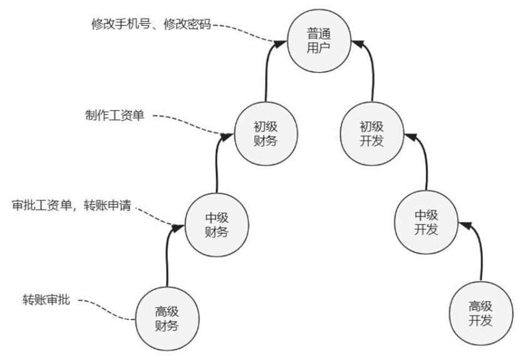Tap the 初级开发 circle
373,133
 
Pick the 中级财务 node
217,224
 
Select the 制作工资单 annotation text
115,115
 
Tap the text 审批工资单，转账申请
71,206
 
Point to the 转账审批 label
46,299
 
